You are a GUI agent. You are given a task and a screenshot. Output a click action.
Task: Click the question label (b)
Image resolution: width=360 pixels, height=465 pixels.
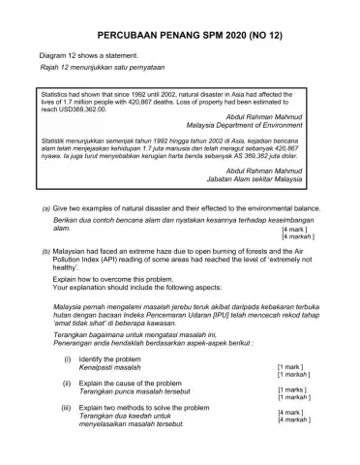(45, 249)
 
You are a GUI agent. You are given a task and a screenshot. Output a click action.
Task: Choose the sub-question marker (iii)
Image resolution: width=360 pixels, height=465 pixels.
(67, 433)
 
